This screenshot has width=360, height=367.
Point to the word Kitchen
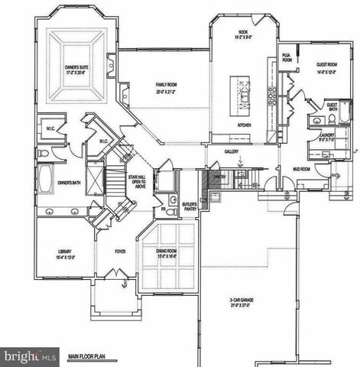click(x=245, y=124)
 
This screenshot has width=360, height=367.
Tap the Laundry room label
click(x=327, y=138)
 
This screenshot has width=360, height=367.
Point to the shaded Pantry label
click(x=219, y=175)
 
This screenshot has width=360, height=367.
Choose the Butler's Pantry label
click(x=190, y=207)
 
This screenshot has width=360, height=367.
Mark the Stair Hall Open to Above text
click(x=137, y=182)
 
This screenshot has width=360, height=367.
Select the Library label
click(x=64, y=255)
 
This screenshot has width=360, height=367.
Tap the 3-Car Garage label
click(x=243, y=303)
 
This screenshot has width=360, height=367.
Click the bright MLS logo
click(x=30, y=357)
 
